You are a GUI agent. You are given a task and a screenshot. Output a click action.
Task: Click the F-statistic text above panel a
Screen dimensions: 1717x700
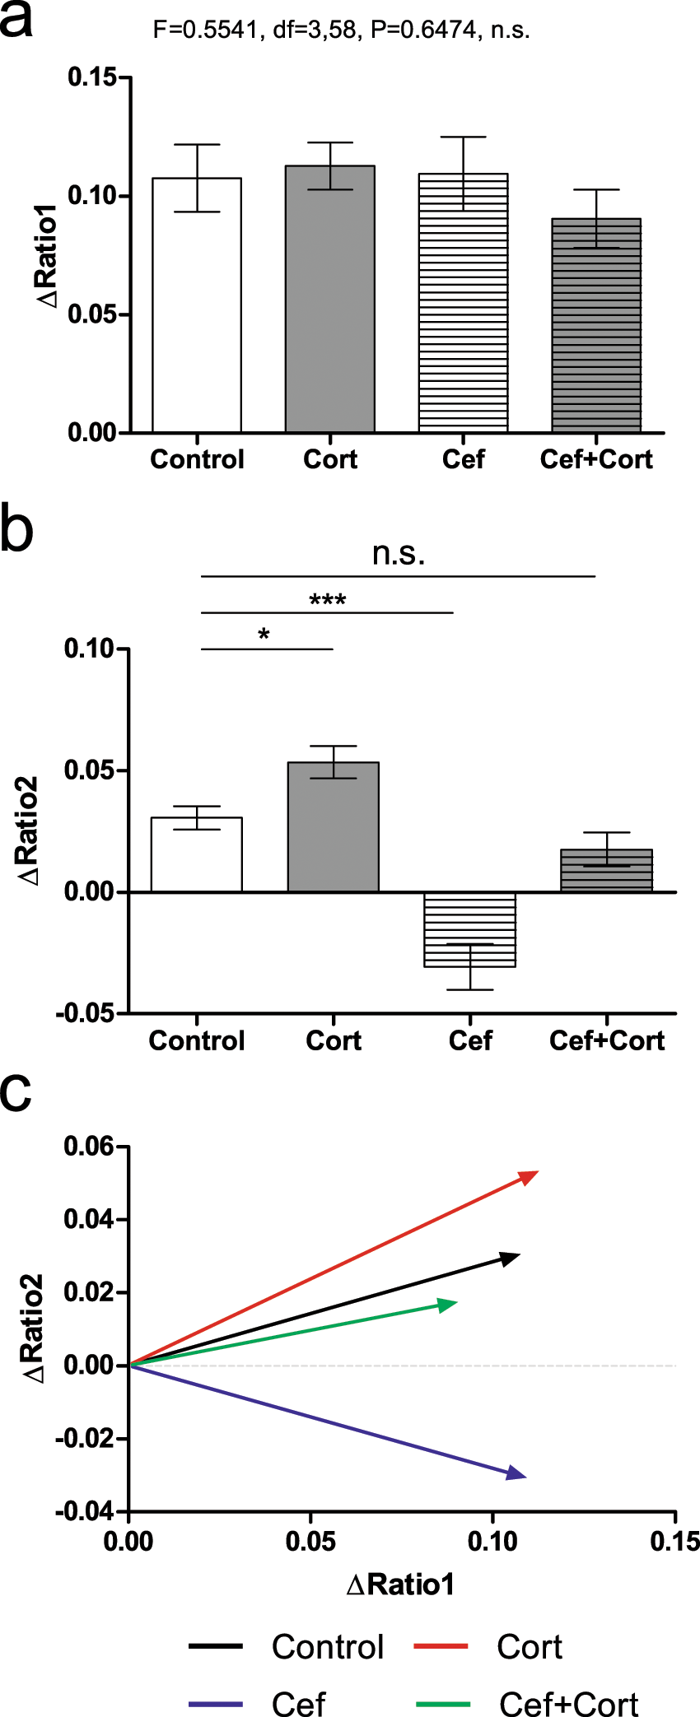click(x=341, y=30)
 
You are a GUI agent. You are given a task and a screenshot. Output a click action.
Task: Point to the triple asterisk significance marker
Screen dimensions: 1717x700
click(x=327, y=600)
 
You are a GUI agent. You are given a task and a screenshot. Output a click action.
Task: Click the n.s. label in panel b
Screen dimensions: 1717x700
click(x=399, y=554)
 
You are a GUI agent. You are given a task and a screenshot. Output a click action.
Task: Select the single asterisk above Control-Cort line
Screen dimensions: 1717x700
click(x=264, y=635)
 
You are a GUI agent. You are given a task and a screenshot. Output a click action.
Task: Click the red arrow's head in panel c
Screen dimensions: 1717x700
click(x=530, y=1176)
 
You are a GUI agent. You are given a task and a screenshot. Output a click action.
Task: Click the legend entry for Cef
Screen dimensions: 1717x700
click(x=298, y=1702)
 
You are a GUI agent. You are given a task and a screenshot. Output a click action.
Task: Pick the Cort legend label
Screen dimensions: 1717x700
click(x=530, y=1647)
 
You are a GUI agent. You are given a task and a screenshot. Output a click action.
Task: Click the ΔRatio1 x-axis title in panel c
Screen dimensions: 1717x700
click(x=400, y=1584)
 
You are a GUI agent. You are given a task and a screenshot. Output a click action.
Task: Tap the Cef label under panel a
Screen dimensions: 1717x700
click(x=463, y=459)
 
